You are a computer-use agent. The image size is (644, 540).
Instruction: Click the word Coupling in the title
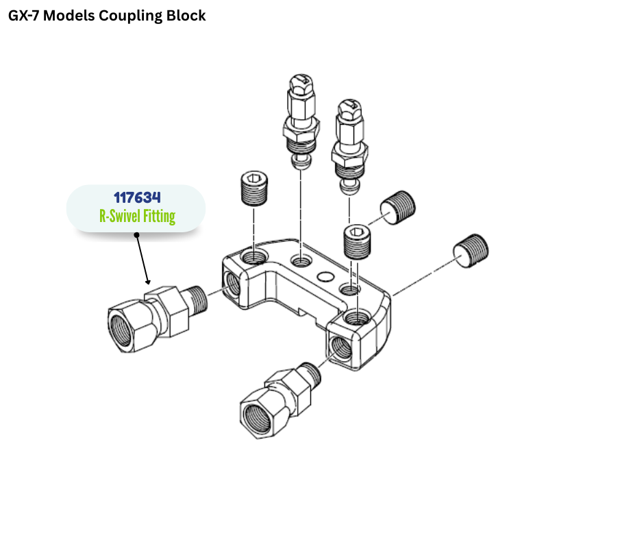(131, 15)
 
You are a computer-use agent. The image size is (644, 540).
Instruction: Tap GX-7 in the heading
(27, 15)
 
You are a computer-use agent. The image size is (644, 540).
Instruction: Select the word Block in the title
(186, 15)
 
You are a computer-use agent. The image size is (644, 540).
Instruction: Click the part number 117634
(137, 198)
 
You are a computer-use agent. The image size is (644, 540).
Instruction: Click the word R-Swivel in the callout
(119, 217)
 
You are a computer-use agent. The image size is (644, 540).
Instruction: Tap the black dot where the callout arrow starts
(137, 235)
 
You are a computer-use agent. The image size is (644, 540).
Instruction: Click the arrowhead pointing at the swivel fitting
(147, 280)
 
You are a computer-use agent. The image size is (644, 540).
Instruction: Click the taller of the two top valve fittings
(301, 120)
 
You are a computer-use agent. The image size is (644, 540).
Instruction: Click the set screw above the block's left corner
(254, 186)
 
